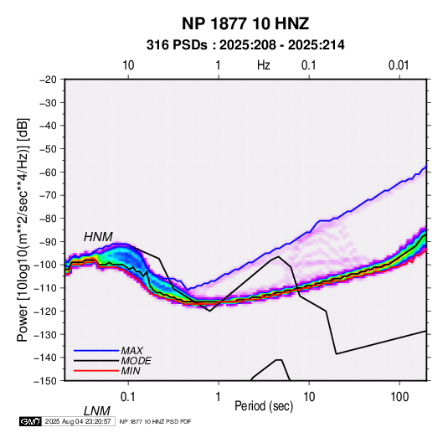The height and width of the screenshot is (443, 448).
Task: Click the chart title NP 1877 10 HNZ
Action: [245, 23]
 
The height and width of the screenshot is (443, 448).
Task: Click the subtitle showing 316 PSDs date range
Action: [245, 45]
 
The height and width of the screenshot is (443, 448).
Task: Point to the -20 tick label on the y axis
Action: [48, 80]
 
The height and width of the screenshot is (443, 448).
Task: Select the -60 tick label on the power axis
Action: [48, 172]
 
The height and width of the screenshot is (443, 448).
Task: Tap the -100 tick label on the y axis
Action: [45, 265]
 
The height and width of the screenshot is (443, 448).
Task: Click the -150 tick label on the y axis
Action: [45, 381]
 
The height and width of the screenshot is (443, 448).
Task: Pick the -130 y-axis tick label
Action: [45, 334]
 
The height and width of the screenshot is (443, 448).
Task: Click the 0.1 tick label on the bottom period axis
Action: [128, 396]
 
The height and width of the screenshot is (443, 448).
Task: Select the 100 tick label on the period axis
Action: [399, 396]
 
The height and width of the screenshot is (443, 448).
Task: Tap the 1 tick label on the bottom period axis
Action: [218, 396]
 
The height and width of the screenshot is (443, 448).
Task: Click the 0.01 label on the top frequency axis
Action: [399, 65]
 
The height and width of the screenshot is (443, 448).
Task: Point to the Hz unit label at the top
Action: [264, 65]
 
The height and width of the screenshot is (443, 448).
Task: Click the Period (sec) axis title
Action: [264, 406]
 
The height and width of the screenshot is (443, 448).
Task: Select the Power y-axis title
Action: [23, 229]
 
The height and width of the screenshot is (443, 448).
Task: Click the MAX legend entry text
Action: [132, 351]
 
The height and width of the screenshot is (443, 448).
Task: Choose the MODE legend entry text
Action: [136, 361]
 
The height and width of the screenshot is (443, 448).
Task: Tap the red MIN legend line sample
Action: [96, 371]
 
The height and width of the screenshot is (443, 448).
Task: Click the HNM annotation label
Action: [98, 237]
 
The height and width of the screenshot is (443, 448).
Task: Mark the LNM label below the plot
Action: [97, 411]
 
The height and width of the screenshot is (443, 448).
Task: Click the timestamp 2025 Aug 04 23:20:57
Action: [78, 421]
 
